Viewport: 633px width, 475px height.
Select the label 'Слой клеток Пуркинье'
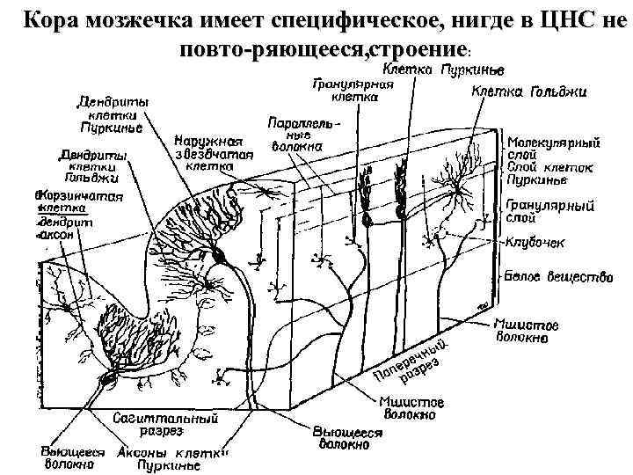pos(549,173)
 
